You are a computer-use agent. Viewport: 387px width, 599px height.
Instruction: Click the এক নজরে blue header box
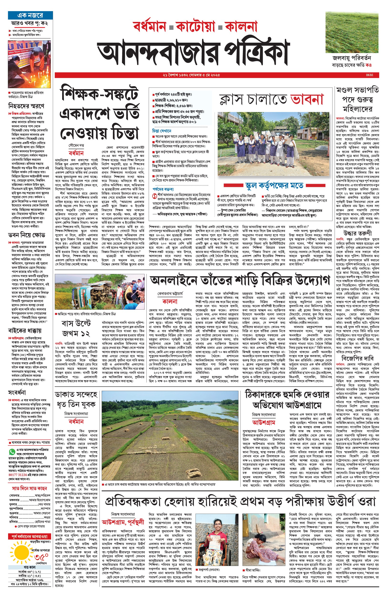point(30,15)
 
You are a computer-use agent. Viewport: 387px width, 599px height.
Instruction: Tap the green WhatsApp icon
point(12,451)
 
